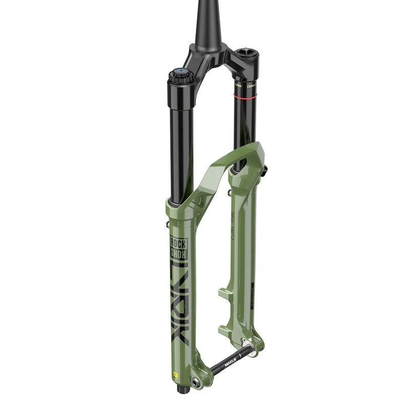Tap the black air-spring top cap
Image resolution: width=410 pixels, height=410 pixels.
(x=245, y=54)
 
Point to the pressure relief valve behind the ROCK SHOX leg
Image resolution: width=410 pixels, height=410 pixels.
(x=167, y=224)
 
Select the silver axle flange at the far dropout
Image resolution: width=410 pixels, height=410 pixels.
(x=247, y=344)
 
